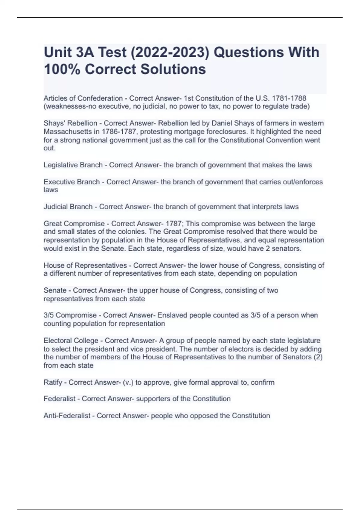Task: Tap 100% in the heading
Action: [x=62, y=69]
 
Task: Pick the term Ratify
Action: [x=53, y=382]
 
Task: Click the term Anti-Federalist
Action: [x=67, y=416]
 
